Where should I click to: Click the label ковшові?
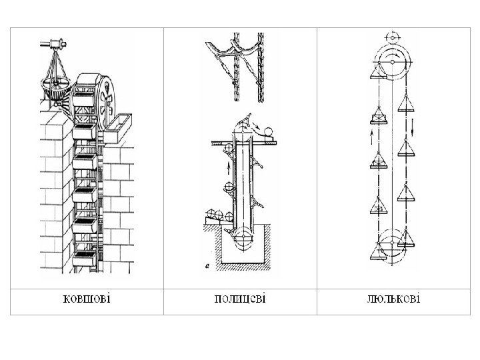click(x=85, y=298)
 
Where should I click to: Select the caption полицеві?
click(x=239, y=298)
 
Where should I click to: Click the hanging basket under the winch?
click(x=57, y=87)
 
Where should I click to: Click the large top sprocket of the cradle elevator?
click(x=392, y=64)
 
